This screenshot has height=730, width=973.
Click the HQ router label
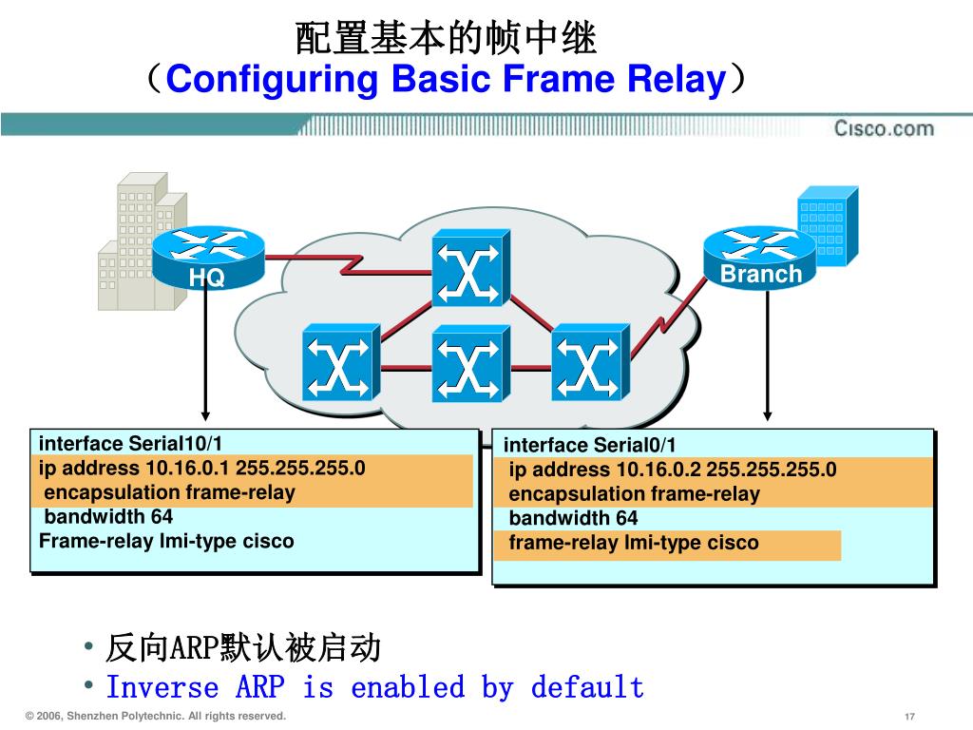[206, 278]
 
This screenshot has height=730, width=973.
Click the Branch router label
[760, 274]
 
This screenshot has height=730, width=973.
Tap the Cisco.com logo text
[884, 128]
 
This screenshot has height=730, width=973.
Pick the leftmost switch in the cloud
[340, 362]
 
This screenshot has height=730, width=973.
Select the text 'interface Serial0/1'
[590, 445]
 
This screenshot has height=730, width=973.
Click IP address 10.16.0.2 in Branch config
[659, 470]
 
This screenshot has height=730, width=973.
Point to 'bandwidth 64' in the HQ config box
[108, 517]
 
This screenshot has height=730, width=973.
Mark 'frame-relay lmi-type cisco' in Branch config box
[634, 544]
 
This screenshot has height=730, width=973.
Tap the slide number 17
[909, 716]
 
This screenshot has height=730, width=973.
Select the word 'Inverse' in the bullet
[162, 686]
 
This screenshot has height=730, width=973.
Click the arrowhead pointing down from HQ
[205, 413]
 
